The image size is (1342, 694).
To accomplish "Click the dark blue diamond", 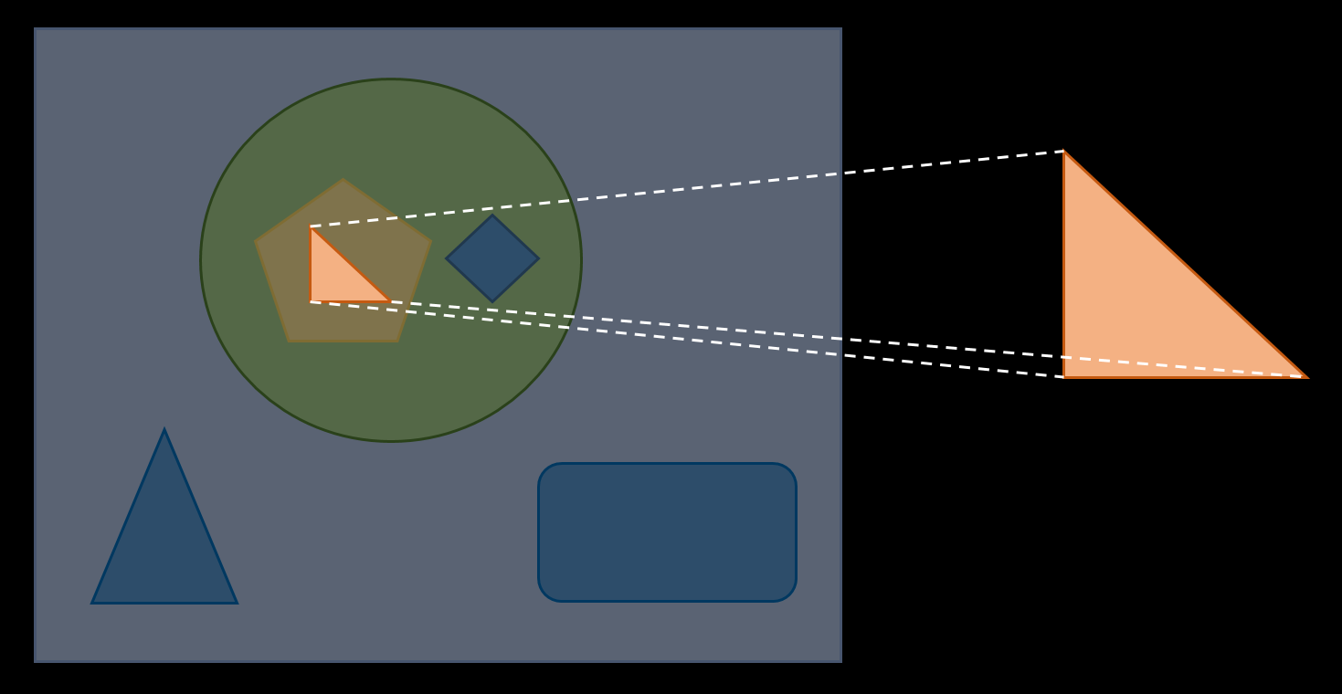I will [x=492, y=258].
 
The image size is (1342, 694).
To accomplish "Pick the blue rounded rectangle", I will [x=667, y=532].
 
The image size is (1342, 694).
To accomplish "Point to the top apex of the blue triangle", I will [x=164, y=430].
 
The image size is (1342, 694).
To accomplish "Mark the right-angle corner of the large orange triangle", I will [x=1064, y=376].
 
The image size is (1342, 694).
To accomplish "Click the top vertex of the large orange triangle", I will [x=1064, y=152].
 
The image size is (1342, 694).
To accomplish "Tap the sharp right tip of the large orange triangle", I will [x=1306, y=376].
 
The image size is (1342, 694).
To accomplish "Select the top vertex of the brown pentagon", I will [x=343, y=180].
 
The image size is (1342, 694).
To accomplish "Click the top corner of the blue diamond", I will [x=492, y=216].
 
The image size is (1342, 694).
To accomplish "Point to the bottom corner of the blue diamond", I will [x=492, y=301].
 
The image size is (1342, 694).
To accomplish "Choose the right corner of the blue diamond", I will [x=538, y=258].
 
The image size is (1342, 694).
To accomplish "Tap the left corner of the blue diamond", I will [x=447, y=258].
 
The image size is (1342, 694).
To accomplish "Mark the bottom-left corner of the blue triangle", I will [x=92, y=603].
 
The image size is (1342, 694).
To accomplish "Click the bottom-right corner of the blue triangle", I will [x=237, y=603].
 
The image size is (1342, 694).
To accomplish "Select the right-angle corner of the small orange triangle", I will [x=311, y=301].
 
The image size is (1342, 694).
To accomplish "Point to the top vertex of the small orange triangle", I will [x=311, y=227].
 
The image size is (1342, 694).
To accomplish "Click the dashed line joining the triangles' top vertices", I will [x=685, y=189].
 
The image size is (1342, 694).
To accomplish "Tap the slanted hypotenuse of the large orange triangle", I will [x=1185, y=264].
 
